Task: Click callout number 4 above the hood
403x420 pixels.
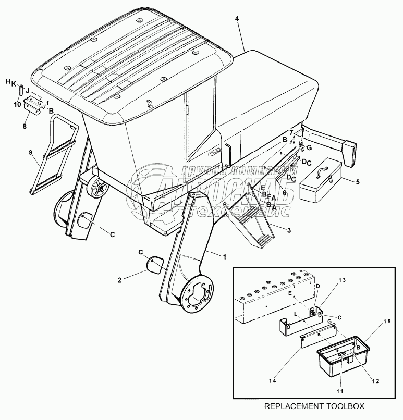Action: (x=237, y=19)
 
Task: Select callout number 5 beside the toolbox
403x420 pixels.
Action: (x=357, y=182)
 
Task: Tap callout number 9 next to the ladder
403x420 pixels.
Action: (x=30, y=153)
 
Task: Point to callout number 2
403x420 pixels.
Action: (x=119, y=280)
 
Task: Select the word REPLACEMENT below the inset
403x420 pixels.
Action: (x=293, y=405)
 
